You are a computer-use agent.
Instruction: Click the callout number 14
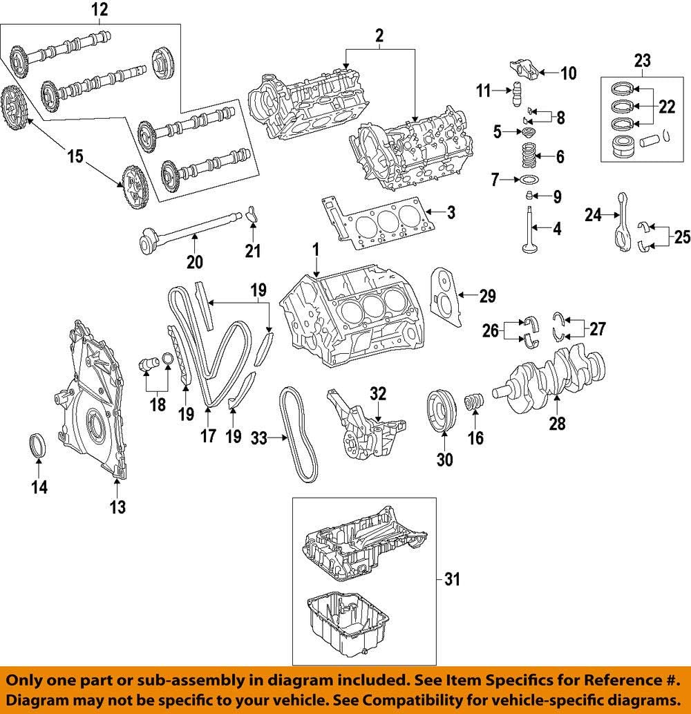(39, 487)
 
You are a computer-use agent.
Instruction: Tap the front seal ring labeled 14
(39, 445)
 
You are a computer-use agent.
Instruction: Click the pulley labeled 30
(441, 413)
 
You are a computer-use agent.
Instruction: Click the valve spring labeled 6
(530, 157)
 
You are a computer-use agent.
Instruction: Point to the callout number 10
(568, 73)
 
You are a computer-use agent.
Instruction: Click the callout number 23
(643, 61)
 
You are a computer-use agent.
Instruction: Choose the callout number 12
(100, 10)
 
